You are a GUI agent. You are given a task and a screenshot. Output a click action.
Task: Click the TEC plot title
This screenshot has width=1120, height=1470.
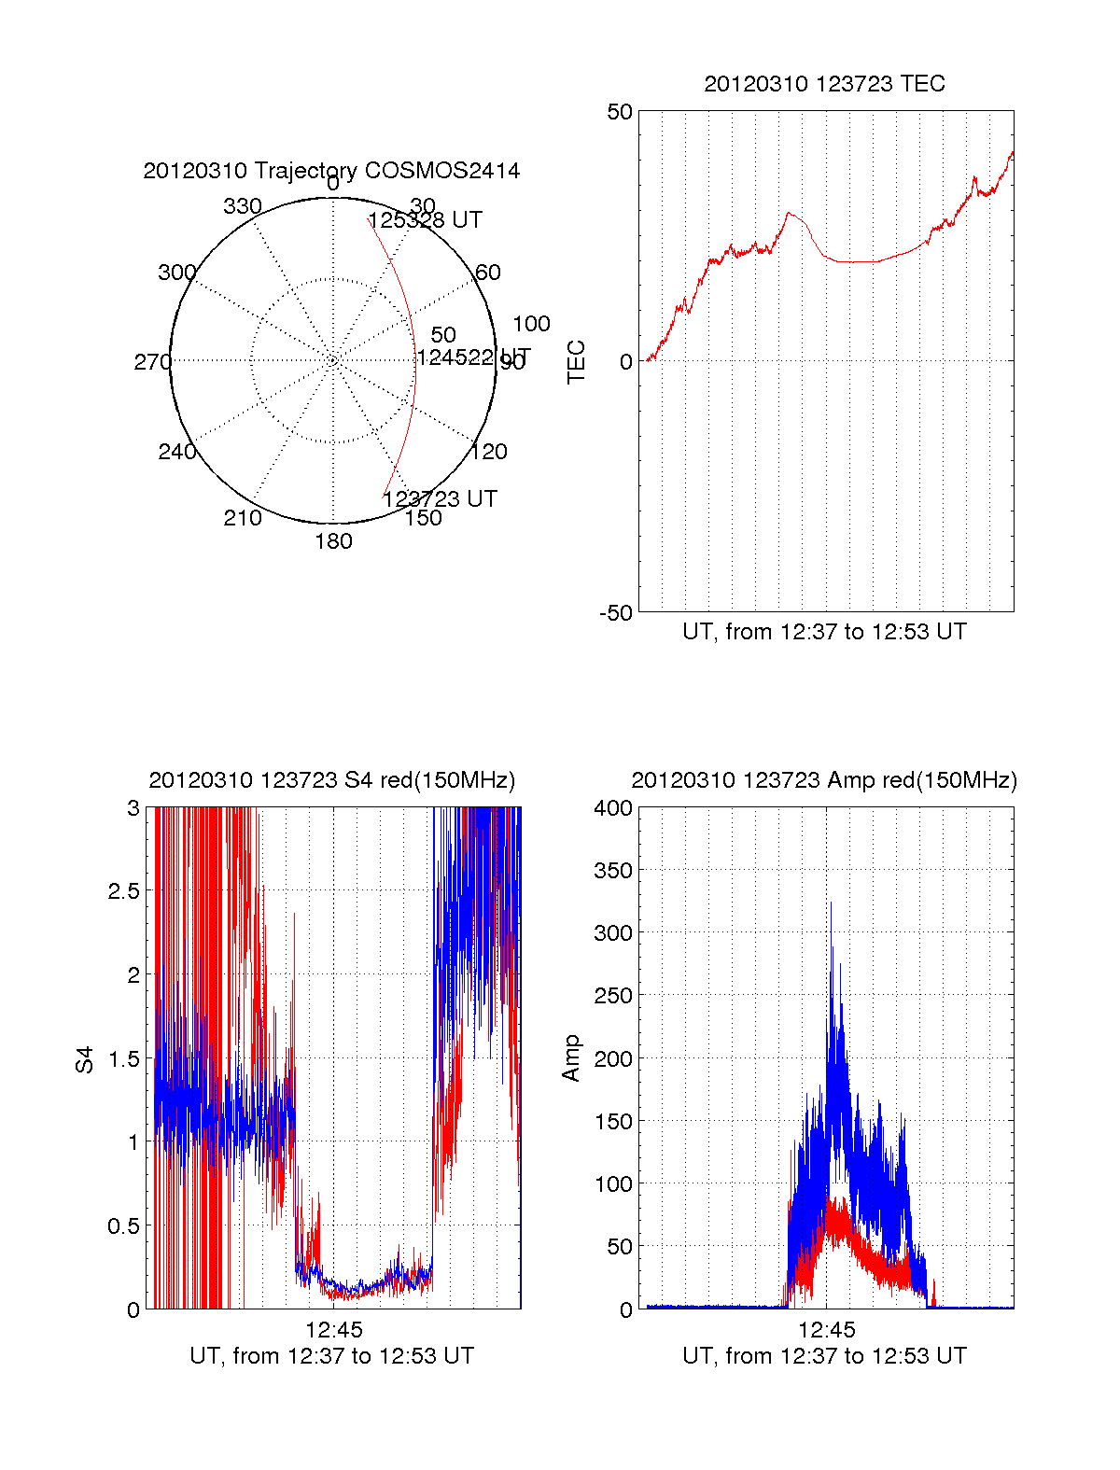[x=824, y=84]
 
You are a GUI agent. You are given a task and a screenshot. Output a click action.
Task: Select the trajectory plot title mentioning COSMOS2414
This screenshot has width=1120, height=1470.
[x=331, y=171]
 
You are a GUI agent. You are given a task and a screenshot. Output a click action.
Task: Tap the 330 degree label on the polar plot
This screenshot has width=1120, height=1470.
[x=242, y=206]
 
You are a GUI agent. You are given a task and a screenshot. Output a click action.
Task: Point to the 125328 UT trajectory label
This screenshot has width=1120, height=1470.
[x=426, y=220]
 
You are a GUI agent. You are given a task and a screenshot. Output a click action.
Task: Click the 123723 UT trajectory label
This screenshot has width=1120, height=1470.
[x=440, y=499]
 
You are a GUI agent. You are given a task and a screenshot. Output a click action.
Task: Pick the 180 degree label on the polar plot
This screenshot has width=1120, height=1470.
[x=333, y=541]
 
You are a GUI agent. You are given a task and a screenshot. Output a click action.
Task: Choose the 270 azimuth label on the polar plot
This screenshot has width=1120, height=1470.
[x=152, y=362]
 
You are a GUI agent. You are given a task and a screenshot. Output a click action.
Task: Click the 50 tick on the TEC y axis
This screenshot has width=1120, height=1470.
[x=620, y=112]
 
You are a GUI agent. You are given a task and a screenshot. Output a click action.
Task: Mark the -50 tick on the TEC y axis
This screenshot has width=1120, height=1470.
[x=616, y=613]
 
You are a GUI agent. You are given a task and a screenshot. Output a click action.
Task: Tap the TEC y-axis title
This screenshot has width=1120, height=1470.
[x=577, y=362]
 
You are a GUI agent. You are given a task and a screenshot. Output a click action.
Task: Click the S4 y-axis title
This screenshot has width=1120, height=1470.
[x=85, y=1059]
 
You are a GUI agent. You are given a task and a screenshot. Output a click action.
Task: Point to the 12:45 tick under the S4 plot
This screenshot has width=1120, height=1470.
[x=333, y=1330]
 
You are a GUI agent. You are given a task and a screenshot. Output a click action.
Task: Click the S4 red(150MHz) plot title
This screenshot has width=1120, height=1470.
[x=331, y=780]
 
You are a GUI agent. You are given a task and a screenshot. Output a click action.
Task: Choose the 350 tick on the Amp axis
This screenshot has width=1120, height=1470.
[x=613, y=871]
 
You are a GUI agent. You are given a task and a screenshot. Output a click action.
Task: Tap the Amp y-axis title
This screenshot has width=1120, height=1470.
[x=571, y=1058]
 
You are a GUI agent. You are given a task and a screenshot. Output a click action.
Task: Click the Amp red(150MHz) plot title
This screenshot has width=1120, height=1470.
[x=824, y=780]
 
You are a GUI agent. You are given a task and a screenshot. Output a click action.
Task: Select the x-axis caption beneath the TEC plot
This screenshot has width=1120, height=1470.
[x=824, y=632]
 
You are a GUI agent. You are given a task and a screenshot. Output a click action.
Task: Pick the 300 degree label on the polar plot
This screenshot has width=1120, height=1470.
[x=176, y=273]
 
